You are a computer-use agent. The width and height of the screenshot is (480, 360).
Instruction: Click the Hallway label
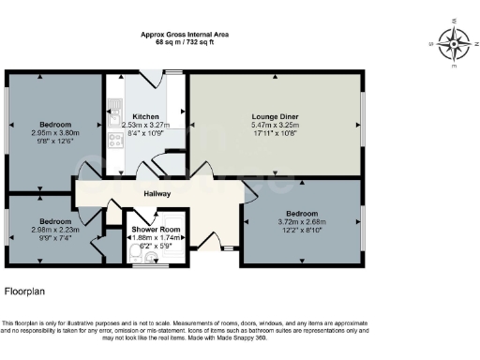point(157,194)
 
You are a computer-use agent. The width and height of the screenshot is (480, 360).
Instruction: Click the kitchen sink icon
point(115,120)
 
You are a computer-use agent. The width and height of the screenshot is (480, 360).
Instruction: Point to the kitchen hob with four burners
point(115,142)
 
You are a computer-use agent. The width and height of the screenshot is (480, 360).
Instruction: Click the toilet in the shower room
point(137,256)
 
